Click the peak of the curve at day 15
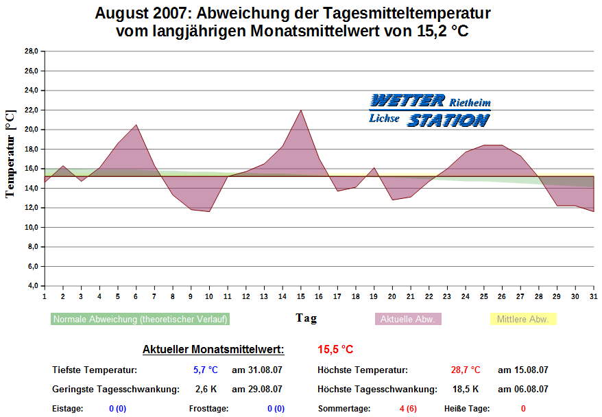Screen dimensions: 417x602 (x=301, y=110)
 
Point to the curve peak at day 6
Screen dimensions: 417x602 (x=136, y=125)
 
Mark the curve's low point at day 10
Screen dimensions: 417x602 (x=209, y=211)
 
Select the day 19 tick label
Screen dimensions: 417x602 (x=374, y=296)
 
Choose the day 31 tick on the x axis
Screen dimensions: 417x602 (x=593, y=296)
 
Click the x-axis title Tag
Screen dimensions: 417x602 (x=306, y=318)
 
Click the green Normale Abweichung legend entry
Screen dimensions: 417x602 (x=140, y=319)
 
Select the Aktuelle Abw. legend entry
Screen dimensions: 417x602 (x=408, y=319)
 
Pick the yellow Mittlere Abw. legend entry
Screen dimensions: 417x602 (x=522, y=319)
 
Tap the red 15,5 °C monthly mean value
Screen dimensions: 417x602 (x=335, y=350)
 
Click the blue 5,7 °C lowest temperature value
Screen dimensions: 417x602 (x=205, y=370)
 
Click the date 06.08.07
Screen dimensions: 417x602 (x=522, y=390)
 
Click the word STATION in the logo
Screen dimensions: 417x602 (x=449, y=121)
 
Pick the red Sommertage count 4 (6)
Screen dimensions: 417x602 (x=407, y=409)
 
